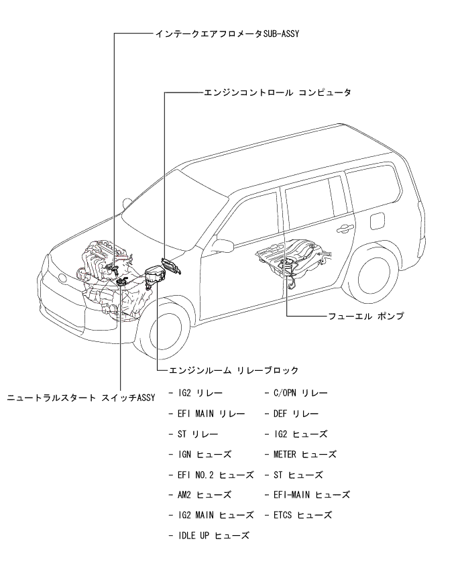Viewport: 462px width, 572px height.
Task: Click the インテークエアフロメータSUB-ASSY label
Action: point(222,33)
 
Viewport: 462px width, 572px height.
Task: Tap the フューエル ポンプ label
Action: point(365,314)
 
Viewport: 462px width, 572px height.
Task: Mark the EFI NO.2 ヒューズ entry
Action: point(211,475)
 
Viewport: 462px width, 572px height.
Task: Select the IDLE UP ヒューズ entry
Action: point(209,535)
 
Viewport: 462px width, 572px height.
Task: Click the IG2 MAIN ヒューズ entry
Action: point(211,515)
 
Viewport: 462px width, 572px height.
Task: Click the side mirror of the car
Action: point(224,245)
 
